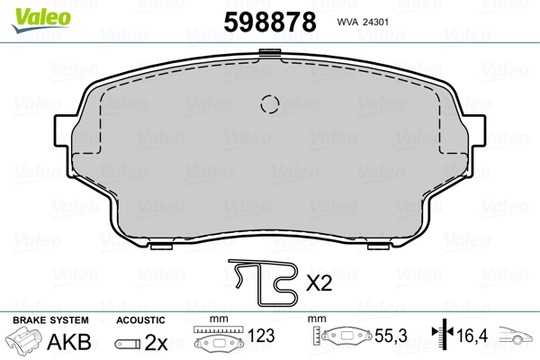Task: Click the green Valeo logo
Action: pyautogui.click(x=41, y=20)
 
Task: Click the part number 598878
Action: pyautogui.click(x=270, y=22)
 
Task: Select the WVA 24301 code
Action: pyautogui.click(x=363, y=22)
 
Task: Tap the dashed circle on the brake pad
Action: pyautogui.click(x=270, y=103)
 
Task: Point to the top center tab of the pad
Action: pyautogui.click(x=270, y=52)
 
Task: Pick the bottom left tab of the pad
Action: pyautogui.click(x=161, y=246)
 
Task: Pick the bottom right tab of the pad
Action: pyautogui.click(x=379, y=246)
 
